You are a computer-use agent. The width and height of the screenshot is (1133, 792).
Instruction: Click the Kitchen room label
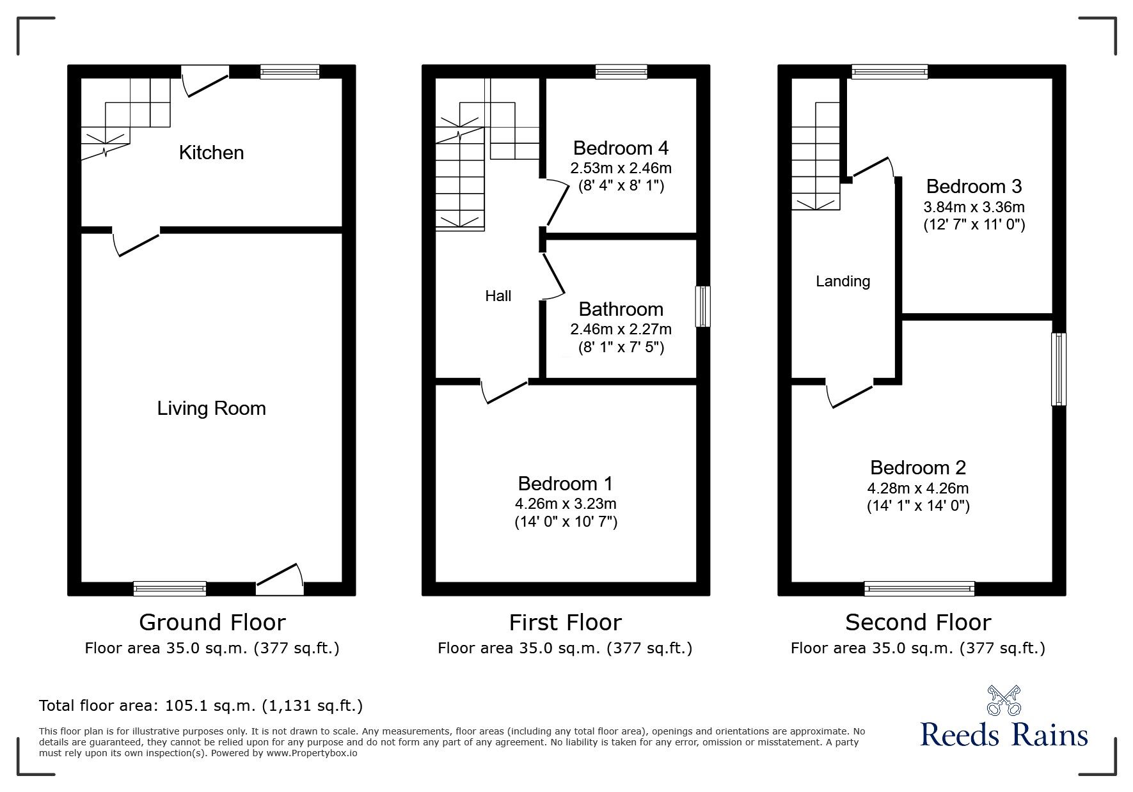point(211,153)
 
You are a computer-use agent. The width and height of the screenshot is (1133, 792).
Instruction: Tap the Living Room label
point(211,408)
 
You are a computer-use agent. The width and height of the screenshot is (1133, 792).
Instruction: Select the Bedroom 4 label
point(621,148)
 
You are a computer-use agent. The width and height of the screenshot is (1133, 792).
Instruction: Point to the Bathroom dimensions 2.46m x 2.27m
point(621,330)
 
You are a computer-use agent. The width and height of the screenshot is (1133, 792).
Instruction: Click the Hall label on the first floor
point(498,296)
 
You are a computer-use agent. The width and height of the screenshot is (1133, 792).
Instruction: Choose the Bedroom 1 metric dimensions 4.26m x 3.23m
point(566,504)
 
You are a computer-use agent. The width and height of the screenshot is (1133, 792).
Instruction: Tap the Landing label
point(843,281)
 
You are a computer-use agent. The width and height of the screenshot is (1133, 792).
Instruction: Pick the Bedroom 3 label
point(974,187)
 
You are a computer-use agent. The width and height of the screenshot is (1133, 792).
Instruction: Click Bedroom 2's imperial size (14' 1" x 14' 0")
point(918,506)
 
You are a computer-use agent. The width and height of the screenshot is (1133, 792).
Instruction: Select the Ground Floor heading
point(212,623)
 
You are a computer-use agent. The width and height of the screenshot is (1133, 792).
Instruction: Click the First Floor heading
point(565,623)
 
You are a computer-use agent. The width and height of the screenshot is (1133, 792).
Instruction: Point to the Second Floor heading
point(918,623)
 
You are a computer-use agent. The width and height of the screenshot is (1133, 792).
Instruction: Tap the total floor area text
point(201,706)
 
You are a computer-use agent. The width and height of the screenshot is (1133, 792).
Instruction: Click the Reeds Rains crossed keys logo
point(1004,701)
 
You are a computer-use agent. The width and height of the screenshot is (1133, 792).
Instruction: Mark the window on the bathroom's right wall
point(702,306)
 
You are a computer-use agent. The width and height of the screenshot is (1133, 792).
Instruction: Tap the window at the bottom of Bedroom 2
point(919,588)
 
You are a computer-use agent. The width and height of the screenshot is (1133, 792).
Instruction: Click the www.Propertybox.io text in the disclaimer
point(312,753)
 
